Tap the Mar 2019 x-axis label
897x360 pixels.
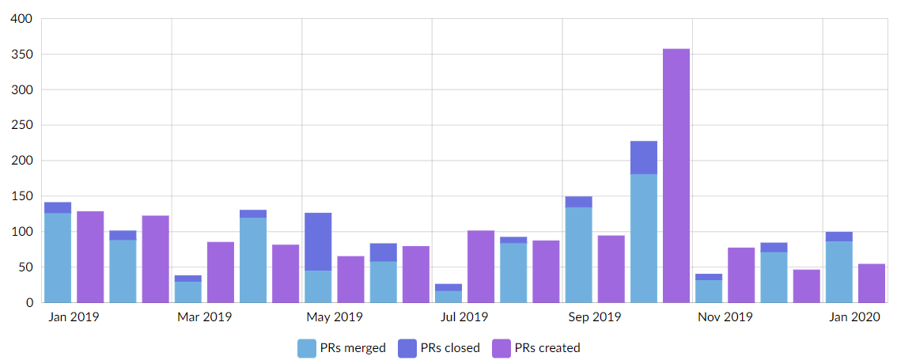(x=204, y=317)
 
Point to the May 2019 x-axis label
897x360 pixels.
(x=334, y=317)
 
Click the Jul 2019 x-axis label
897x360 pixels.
(x=464, y=317)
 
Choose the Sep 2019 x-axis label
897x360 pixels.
(x=595, y=317)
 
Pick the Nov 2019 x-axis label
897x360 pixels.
(x=725, y=317)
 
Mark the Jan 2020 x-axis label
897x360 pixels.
(x=855, y=317)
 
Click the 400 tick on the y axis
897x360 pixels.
(x=21, y=19)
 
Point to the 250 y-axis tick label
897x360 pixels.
(x=21, y=125)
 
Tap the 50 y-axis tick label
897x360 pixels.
(x=25, y=267)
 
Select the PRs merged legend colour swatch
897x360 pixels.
(x=306, y=347)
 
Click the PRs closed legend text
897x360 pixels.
(x=450, y=347)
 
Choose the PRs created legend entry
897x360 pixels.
(x=536, y=347)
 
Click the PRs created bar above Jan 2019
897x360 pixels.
(x=90, y=257)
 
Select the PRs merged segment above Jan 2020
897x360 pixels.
(x=839, y=272)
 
